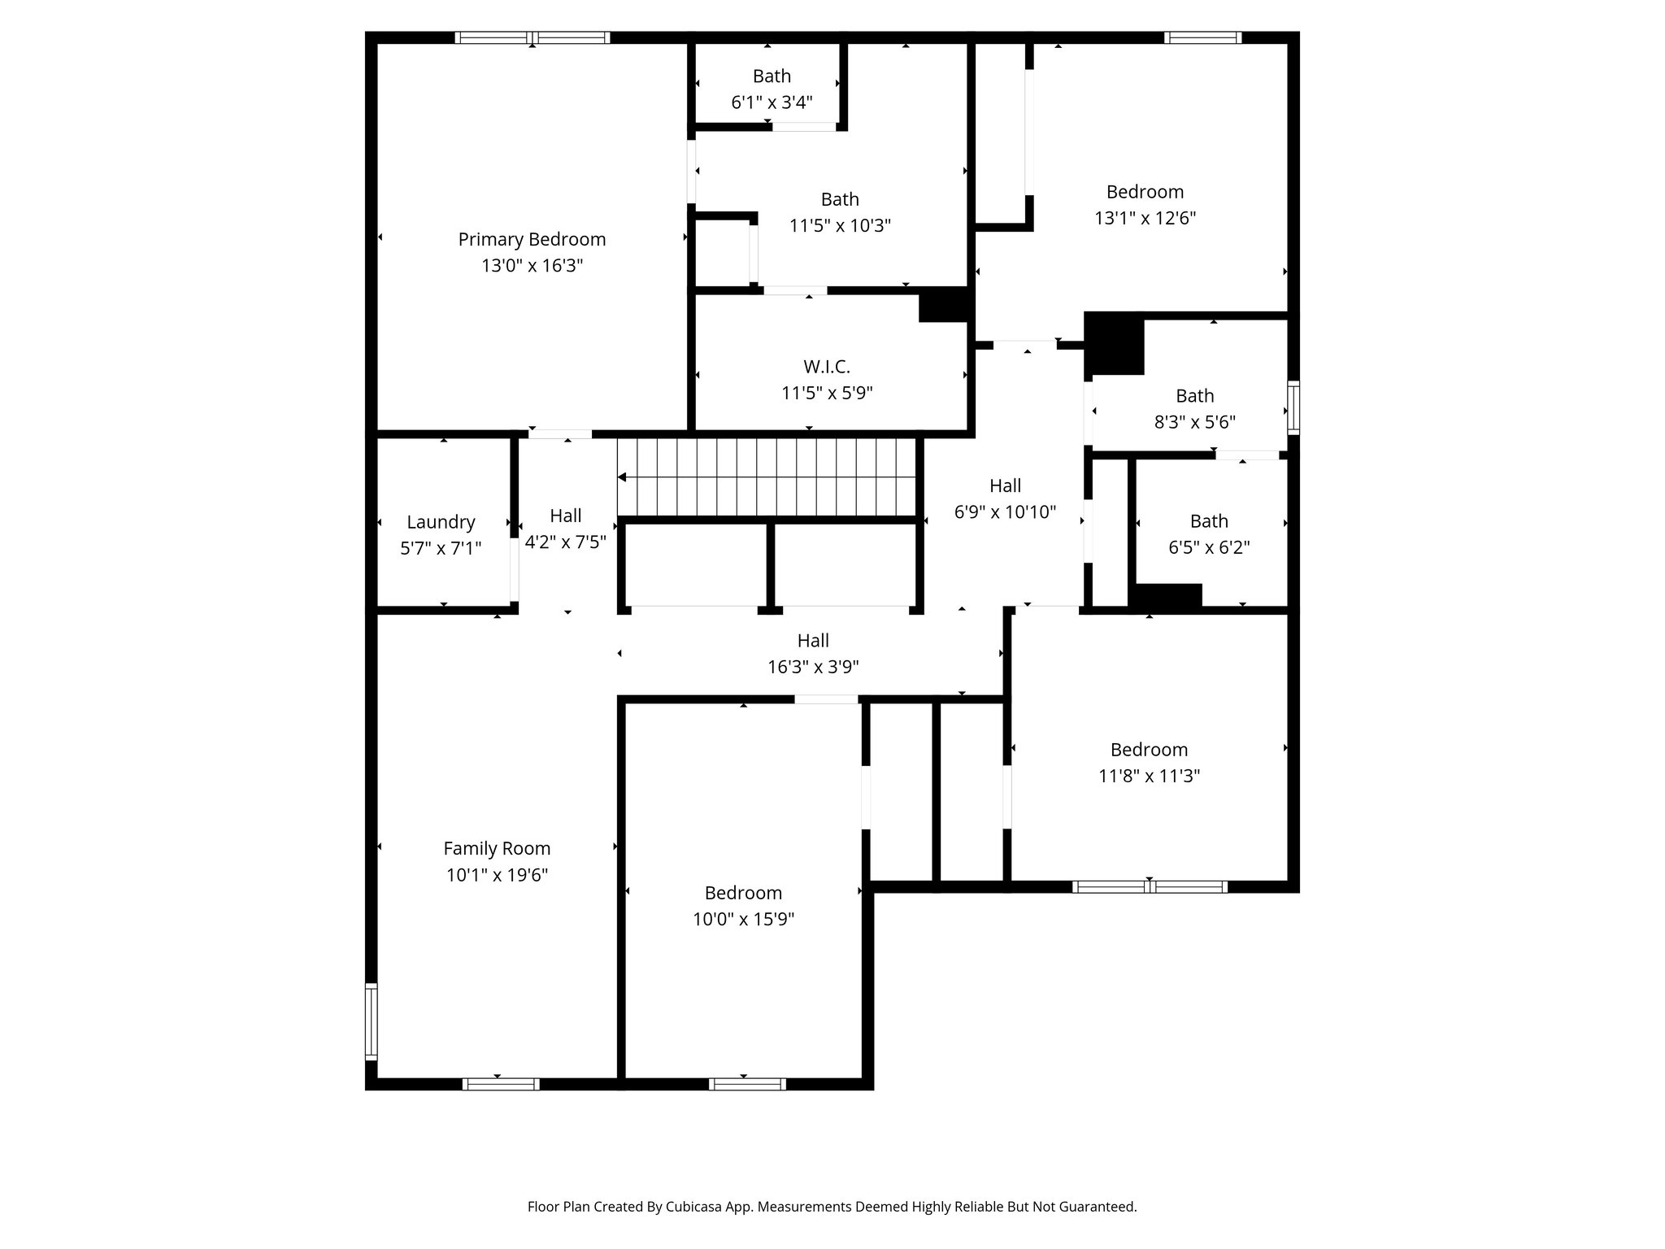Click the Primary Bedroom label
click(x=532, y=239)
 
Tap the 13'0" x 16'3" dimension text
click(x=532, y=266)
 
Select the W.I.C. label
click(x=827, y=367)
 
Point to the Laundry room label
click(x=441, y=522)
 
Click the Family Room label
click(x=497, y=849)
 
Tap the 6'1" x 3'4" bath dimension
click(x=772, y=102)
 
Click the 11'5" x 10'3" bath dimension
click(x=840, y=226)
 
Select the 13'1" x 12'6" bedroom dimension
click(x=1145, y=219)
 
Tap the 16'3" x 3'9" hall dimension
click(x=813, y=668)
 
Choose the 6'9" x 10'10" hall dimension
click(x=1005, y=512)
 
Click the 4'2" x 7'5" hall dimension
click(x=565, y=542)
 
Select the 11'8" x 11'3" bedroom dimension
click(x=1149, y=777)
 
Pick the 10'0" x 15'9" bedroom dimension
click(x=743, y=920)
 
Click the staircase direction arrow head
click(x=623, y=477)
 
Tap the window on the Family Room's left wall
click(x=372, y=1021)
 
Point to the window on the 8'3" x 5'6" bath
click(x=1293, y=407)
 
